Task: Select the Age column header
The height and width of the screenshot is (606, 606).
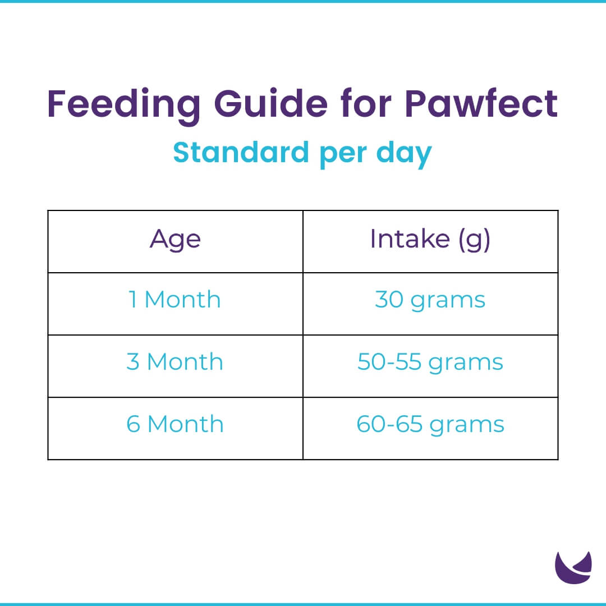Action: coord(175,240)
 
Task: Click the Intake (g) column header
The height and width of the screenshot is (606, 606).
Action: coord(430,240)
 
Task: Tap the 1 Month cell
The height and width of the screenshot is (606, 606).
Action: coord(175,300)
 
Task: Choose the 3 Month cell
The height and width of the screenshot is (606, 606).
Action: coord(175,362)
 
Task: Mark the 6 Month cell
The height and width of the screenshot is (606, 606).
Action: coord(175,424)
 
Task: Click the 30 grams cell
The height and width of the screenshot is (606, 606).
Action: coord(430,300)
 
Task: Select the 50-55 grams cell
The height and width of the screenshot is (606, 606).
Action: coord(430,362)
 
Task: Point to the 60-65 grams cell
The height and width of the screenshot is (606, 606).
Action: coord(430,424)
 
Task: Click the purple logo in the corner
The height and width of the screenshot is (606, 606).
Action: coord(573,568)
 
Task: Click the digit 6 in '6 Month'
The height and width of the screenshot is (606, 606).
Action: coord(133,424)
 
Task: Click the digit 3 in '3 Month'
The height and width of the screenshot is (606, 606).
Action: coord(133,362)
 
